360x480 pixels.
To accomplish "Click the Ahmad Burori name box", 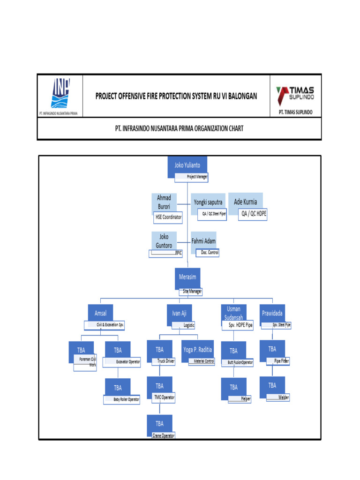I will pos(164,202).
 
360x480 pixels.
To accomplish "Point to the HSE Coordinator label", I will pos(168,217).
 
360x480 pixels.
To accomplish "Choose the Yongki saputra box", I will pos(208,202).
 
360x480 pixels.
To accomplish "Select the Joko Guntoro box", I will pos(164,241).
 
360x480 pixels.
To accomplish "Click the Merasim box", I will pos(187,277).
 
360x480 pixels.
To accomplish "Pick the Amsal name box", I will pos(100,312).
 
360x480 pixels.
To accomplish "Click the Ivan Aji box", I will pos(179,312).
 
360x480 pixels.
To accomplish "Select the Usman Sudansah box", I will pos(233,312).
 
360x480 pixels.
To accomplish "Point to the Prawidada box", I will pos(272,313).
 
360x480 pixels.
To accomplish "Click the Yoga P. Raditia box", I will pos(197,350).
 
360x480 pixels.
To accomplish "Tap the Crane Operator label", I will pos(164,435).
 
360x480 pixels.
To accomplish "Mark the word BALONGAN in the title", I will pos(240,96).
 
